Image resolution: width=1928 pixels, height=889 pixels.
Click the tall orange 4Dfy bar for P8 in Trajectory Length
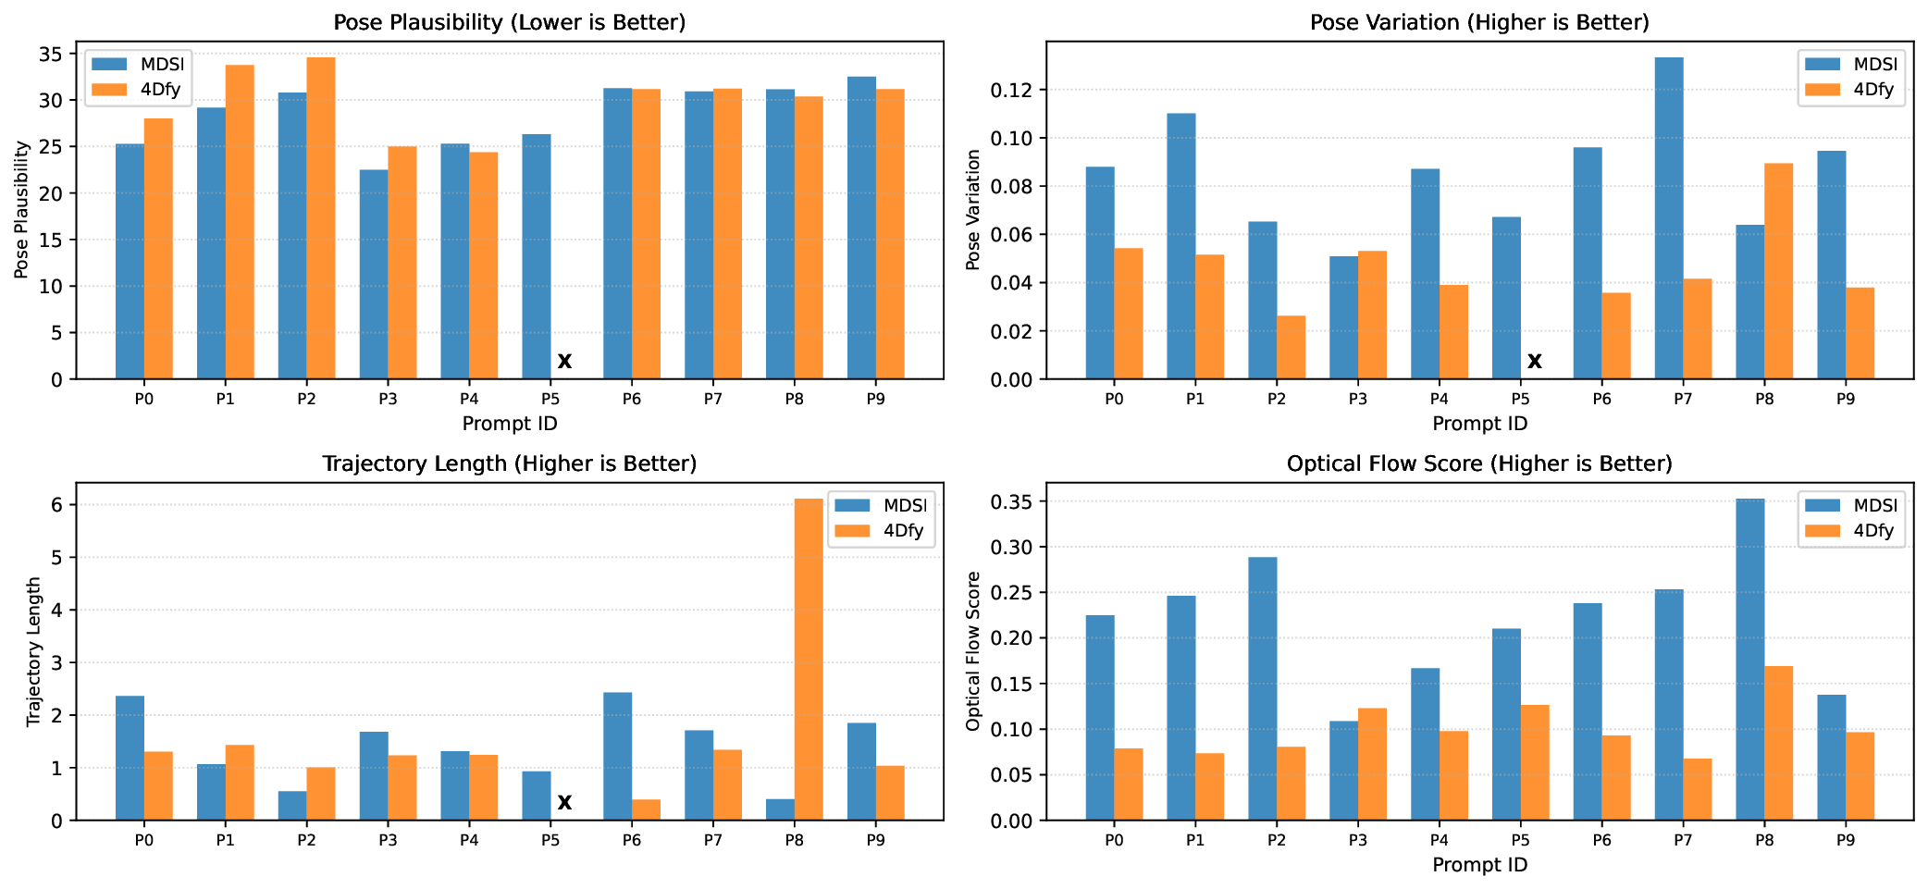pos(809,659)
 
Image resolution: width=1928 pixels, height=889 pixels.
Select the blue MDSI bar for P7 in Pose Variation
pos(1668,218)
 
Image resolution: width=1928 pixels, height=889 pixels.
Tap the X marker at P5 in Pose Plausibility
pos(564,361)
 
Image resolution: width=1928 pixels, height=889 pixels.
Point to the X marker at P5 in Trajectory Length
pos(564,802)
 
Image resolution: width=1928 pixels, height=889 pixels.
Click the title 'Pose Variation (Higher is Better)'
pos(1479,22)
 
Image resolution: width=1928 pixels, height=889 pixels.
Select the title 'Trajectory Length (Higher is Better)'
pos(509,463)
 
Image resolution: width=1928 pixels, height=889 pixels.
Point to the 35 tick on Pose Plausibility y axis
pos(52,55)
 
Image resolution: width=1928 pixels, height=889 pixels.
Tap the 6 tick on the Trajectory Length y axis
pos(57,505)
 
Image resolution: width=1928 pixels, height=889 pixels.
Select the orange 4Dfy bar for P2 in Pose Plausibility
pos(321,218)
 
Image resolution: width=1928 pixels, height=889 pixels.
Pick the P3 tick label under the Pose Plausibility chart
pos(388,399)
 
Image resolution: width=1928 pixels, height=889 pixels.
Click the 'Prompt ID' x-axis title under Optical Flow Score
pos(1479,865)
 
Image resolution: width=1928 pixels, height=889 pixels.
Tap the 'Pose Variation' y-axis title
pos(972,210)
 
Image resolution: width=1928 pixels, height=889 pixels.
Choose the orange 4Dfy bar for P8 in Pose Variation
pos(1778,271)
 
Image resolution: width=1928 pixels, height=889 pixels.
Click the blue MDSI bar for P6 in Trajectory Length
pos(617,756)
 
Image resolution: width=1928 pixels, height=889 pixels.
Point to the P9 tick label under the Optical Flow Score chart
pos(1845,840)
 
